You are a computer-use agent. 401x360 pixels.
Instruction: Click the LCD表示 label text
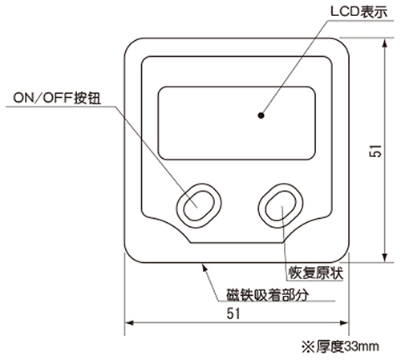(x=358, y=12)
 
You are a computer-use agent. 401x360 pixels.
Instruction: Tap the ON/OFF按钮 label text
(x=57, y=98)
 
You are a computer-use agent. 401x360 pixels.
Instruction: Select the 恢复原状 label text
(x=315, y=273)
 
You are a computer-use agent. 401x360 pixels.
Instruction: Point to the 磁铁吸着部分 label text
(x=268, y=295)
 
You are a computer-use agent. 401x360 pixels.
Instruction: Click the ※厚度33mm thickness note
(x=340, y=346)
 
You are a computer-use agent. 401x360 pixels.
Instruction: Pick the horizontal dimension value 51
(x=233, y=313)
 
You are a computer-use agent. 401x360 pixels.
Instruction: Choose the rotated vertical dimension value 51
(x=375, y=151)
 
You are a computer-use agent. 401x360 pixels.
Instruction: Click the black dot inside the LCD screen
(x=261, y=115)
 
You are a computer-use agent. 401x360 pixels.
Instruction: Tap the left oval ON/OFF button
(x=199, y=206)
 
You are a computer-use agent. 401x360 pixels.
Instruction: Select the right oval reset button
(x=281, y=206)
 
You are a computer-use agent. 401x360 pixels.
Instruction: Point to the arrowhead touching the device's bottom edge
(x=205, y=268)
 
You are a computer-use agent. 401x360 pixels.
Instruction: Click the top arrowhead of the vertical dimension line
(x=385, y=44)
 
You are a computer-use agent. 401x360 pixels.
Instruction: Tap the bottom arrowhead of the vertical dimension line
(x=385, y=257)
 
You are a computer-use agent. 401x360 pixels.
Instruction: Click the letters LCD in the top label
(x=345, y=12)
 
